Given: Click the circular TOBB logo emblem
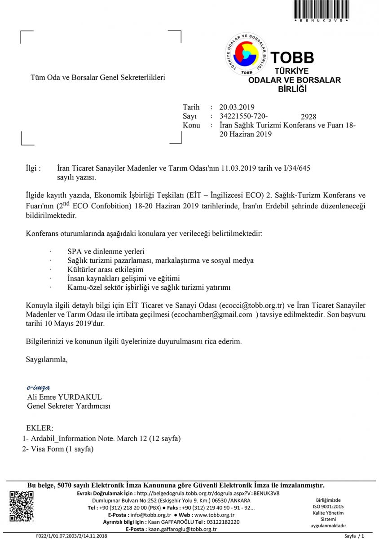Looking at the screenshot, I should coord(246,54).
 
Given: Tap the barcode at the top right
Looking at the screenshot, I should coord(321,10).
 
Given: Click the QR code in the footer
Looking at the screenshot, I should coord(22,506).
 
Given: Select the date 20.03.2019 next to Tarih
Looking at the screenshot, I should coord(237,107).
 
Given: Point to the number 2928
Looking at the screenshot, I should coord(309,117).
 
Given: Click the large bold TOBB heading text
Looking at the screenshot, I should coord(292,57).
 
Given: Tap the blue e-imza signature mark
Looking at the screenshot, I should coord(39,388).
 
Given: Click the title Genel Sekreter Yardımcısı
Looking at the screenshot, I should coord(69,406).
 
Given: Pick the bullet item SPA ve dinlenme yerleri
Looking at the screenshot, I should coord(106,251).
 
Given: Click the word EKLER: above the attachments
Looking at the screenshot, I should coord(40,428).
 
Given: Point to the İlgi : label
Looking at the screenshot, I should coord(34,168).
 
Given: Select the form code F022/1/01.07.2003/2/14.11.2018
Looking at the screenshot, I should coord(72,536).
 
